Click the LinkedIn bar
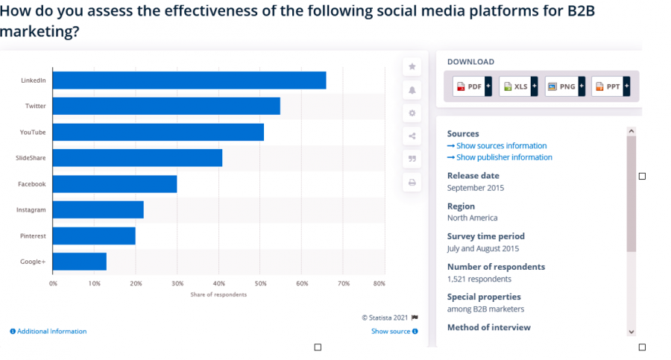[x=189, y=80]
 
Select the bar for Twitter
[x=166, y=106]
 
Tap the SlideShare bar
[x=137, y=158]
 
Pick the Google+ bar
[x=80, y=262]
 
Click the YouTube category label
[x=33, y=132]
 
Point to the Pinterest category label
[x=33, y=236]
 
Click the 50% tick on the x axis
[x=260, y=283]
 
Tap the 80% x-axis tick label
[x=379, y=283]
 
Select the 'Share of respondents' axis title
[x=218, y=294]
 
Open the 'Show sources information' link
[x=497, y=146]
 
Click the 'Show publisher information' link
[x=500, y=157]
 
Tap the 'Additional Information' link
[x=48, y=331]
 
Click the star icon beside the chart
[x=412, y=67]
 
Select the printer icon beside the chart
[x=412, y=183]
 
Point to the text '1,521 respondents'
[x=479, y=279]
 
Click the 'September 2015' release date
[x=476, y=188]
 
